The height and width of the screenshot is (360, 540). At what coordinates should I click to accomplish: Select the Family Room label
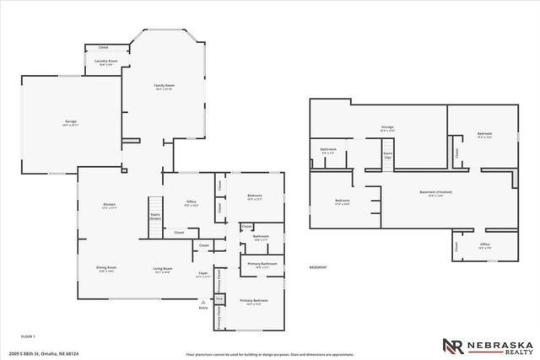click(163, 87)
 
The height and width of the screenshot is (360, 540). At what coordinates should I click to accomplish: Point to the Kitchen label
click(109, 206)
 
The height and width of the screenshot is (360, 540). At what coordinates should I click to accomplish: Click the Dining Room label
click(106, 269)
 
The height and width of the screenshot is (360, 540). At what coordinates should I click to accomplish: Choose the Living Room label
click(162, 270)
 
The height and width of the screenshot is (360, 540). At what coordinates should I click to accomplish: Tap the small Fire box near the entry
click(219, 299)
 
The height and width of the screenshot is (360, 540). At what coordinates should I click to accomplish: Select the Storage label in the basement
click(387, 129)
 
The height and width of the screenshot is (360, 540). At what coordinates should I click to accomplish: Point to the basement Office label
click(484, 246)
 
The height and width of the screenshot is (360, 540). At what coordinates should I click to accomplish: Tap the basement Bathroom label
click(328, 151)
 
